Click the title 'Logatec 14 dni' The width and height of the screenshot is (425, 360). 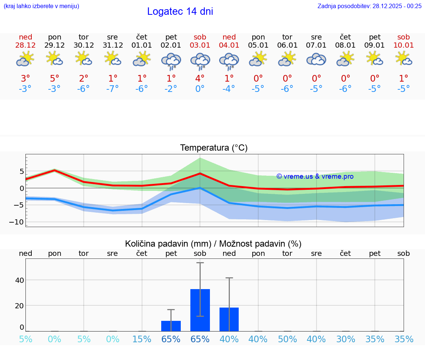point(180,11)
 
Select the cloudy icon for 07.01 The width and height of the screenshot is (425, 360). point(316,60)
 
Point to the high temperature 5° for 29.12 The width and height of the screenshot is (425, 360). point(54,79)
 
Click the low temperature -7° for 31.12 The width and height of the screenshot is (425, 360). point(113,89)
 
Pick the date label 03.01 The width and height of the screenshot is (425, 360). point(200,45)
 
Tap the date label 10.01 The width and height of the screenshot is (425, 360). point(404,45)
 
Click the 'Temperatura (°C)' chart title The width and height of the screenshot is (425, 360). point(214,148)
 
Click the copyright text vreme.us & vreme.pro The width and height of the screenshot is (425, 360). point(315,176)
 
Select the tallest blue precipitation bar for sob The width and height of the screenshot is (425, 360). point(200,310)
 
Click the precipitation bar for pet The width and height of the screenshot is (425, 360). point(171,326)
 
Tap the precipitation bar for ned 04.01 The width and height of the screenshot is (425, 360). point(229,319)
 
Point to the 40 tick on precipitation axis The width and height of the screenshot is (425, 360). point(19,280)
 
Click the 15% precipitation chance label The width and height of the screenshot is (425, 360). point(142,339)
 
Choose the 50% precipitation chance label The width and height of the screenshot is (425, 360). point(287,339)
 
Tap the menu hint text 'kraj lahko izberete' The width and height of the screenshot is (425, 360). point(41,6)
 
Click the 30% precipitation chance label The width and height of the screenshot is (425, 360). point(346,339)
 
